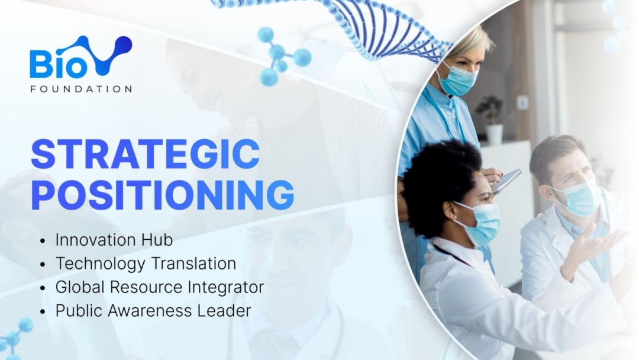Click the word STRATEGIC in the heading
145,154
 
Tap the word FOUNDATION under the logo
81,89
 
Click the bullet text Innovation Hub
114,240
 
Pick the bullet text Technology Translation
146,263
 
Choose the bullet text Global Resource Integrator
160,287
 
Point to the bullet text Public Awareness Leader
153,311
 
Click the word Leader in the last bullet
224,311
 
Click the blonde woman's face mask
457,79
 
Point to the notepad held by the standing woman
506,180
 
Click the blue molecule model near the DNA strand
281,56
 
